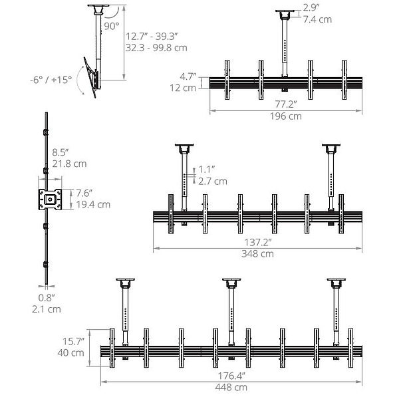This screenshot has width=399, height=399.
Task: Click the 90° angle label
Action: coord(112,26)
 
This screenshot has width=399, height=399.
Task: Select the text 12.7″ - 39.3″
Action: coord(152,37)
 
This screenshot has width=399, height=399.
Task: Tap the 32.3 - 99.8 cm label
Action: coord(156,48)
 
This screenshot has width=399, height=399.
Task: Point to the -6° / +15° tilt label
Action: coord(51,80)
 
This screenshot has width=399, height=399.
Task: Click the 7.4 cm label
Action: coord(317,19)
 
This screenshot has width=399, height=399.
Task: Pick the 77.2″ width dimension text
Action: coord(286,104)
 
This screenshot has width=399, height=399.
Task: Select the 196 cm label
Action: coord(286,116)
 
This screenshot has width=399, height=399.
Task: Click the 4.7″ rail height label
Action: coord(188,76)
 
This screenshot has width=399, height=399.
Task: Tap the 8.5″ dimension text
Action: coord(61,152)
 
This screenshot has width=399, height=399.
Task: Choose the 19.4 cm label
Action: coord(93,204)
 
